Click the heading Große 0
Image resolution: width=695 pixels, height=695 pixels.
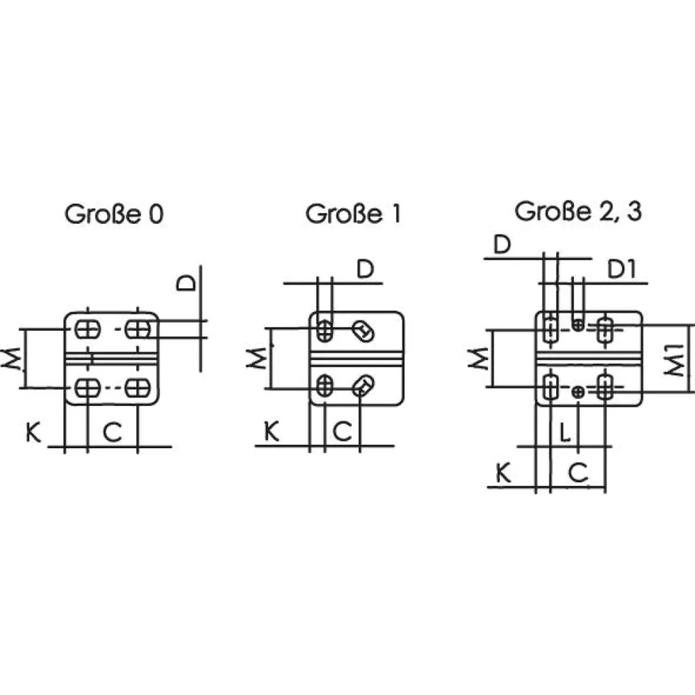[114, 214]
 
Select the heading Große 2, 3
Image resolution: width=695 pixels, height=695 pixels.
[578, 211]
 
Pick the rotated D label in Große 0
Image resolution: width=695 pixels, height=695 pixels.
[187, 282]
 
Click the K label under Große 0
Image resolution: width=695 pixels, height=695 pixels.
[33, 433]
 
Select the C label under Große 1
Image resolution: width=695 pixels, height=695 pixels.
[342, 432]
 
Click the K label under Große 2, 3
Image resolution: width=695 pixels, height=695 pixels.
[504, 473]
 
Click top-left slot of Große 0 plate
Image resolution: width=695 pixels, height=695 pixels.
[87, 329]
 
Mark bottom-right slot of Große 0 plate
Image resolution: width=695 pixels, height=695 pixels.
[137, 388]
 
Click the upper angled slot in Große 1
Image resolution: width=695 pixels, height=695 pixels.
[363, 331]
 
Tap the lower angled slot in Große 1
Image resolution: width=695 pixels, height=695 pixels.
[363, 386]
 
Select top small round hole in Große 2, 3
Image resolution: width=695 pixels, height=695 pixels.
[578, 324]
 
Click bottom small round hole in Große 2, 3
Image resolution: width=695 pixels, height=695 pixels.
[578, 392]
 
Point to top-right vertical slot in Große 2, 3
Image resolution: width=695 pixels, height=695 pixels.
[605, 329]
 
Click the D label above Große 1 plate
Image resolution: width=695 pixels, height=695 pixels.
[366, 269]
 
